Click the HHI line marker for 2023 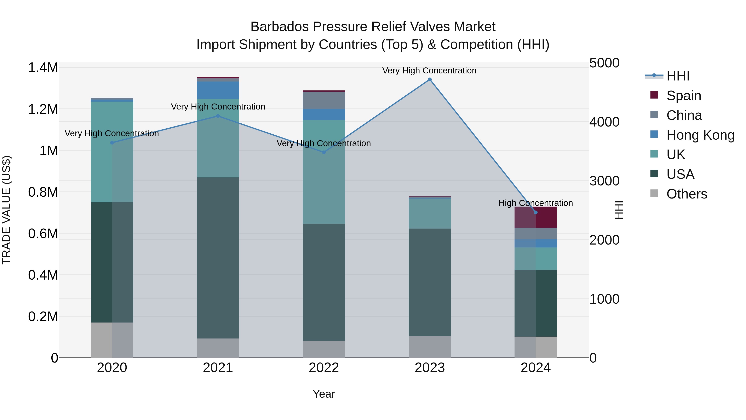[430, 79]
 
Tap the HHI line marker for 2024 [536, 212]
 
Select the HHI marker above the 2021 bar [218, 116]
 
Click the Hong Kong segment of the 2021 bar [218, 90]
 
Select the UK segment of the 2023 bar [430, 214]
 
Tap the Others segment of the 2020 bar [112, 340]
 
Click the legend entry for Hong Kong [700, 135]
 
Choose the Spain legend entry [683, 96]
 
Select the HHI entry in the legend [678, 76]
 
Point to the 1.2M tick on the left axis [43, 109]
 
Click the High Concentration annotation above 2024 [536, 203]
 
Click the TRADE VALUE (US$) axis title [6, 210]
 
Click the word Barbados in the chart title [280, 27]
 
